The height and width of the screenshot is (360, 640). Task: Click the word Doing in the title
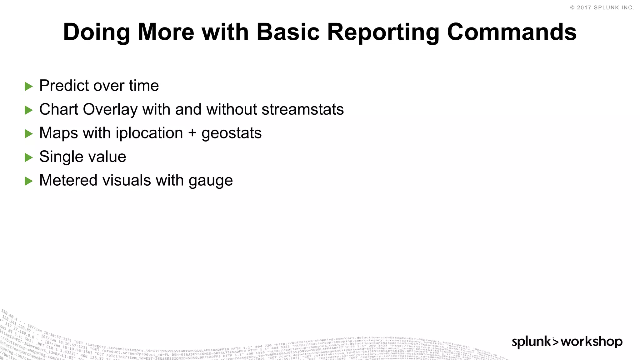96,32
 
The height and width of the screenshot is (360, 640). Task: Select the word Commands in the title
512,32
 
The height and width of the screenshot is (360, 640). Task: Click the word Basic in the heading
288,32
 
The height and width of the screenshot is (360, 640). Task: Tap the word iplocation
149,133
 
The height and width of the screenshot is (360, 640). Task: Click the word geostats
232,133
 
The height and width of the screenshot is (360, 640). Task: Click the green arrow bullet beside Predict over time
29,87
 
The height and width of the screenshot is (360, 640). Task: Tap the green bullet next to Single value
29,157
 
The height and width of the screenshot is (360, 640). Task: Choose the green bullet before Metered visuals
29,181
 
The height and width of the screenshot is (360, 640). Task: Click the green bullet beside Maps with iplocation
29,134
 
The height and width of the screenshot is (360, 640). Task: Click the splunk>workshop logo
567,342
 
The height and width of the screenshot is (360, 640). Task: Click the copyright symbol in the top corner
572,8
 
